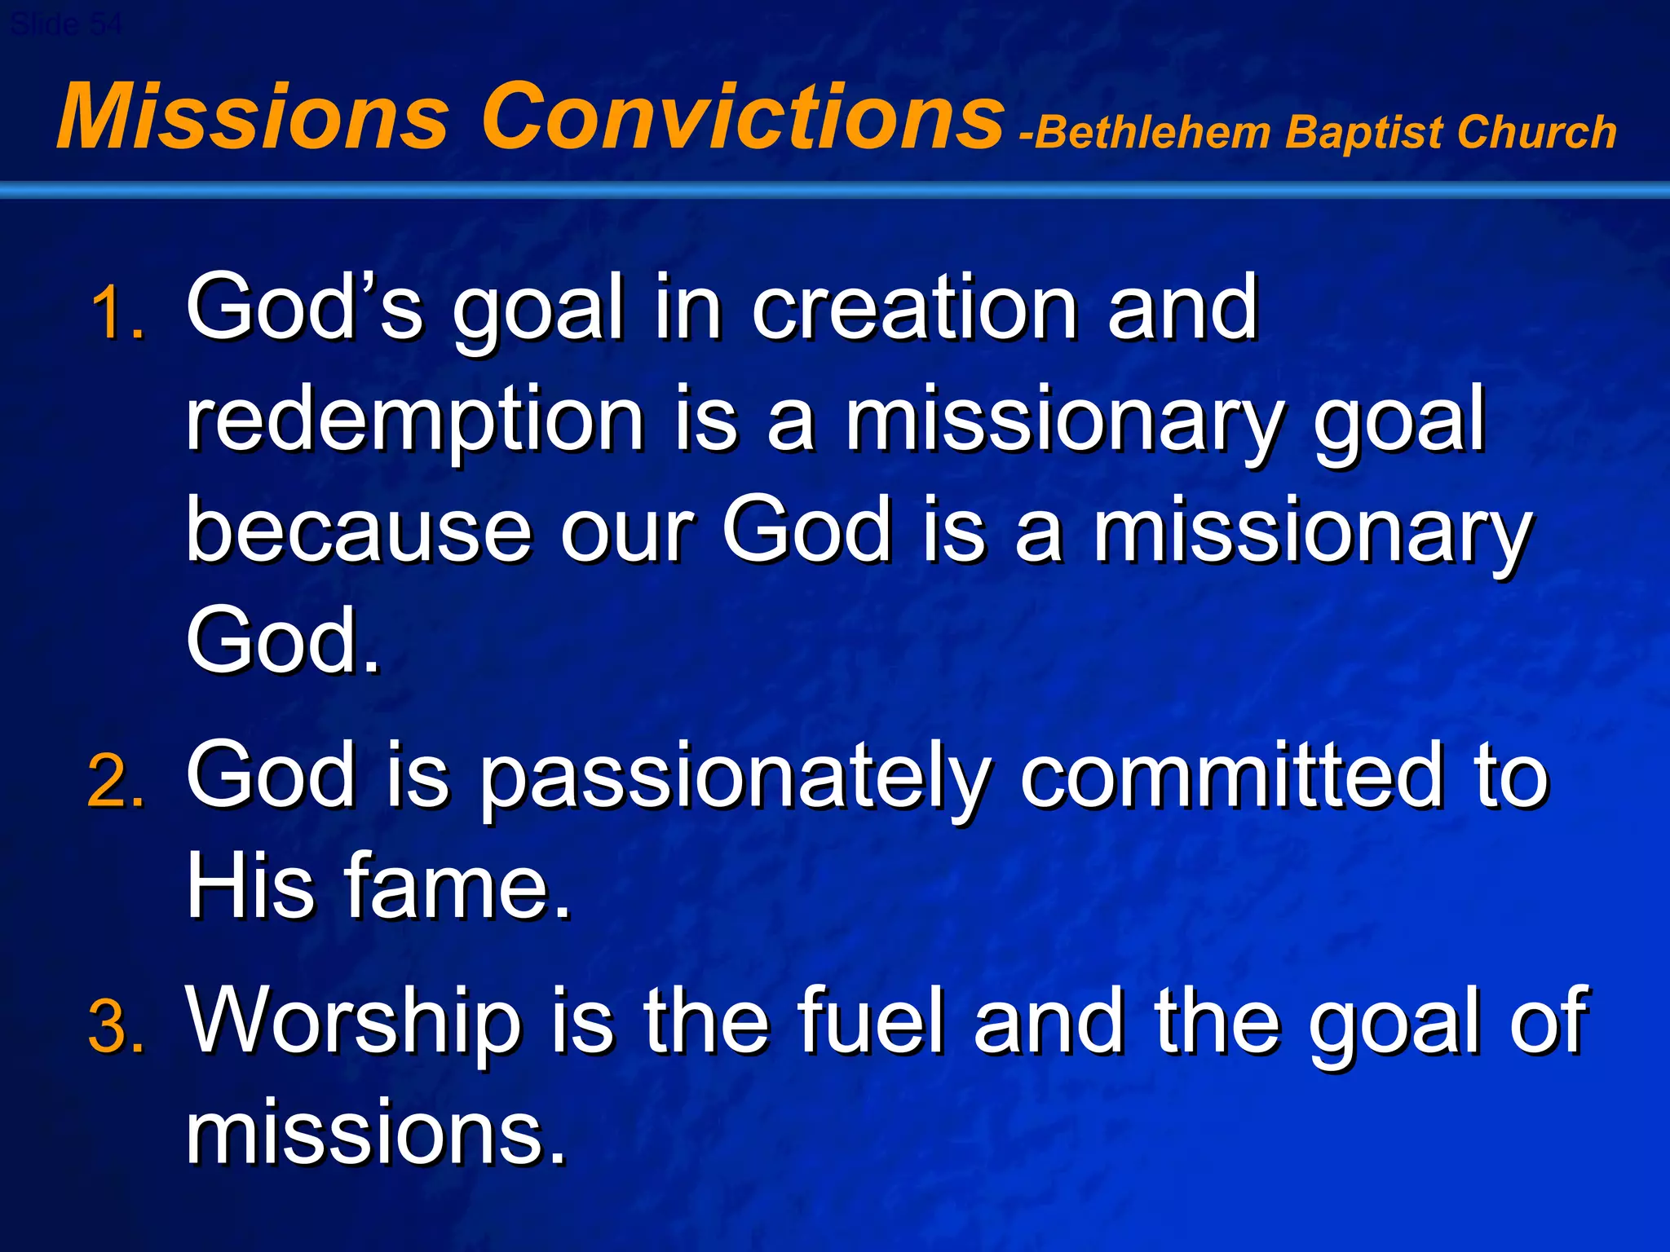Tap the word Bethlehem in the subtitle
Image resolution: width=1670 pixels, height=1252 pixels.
1153,133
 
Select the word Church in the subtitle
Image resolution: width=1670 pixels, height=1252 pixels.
1536,133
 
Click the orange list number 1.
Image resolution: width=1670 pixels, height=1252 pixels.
117,314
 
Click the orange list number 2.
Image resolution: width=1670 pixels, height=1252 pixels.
117,782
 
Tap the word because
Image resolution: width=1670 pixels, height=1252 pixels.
359,531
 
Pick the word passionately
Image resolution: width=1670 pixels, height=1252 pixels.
734,778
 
